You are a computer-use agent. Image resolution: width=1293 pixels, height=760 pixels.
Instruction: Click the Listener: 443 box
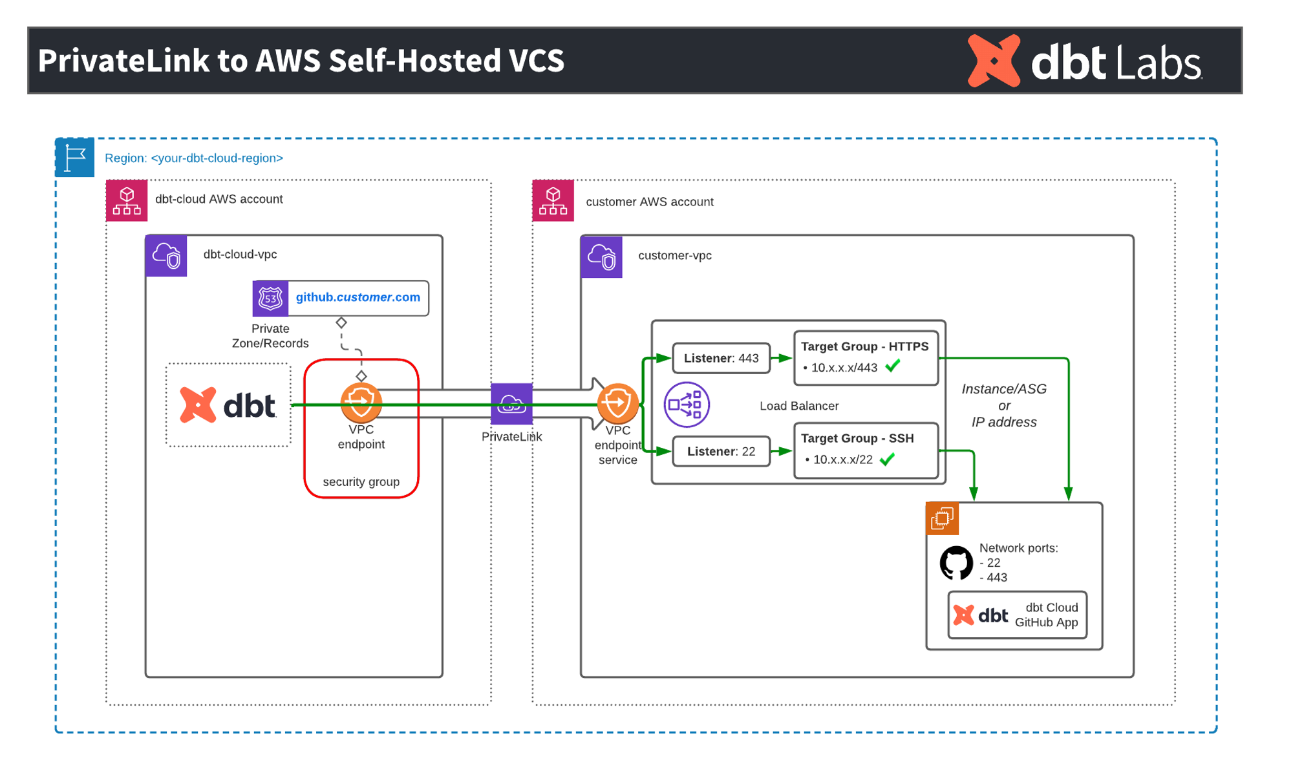point(721,358)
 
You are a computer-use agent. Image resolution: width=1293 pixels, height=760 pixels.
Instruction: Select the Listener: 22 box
point(721,451)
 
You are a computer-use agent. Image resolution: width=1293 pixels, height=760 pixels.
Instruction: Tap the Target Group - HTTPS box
point(865,357)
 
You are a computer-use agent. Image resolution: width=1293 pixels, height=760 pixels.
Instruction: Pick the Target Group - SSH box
point(865,450)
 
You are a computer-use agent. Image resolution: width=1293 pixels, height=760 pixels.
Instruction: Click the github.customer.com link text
point(358,297)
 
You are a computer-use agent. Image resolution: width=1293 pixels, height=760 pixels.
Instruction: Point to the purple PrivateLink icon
point(511,404)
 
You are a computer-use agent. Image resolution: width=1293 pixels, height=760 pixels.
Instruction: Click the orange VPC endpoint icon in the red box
point(361,402)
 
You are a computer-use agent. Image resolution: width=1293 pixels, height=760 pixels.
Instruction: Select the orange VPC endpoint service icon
point(617,403)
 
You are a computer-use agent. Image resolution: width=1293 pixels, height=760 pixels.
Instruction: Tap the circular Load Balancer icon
point(686,405)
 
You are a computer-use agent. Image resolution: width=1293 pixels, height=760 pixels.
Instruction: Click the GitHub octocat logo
point(956,563)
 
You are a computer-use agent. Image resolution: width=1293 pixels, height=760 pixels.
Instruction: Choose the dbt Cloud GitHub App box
point(1017,615)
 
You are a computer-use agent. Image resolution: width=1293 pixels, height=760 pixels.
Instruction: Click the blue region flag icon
point(75,157)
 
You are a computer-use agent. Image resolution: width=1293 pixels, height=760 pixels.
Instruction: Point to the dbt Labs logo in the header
point(1084,61)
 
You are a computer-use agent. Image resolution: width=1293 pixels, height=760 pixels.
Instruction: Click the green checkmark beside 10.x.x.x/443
point(893,366)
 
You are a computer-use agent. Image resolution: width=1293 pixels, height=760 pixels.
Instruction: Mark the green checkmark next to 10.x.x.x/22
point(888,459)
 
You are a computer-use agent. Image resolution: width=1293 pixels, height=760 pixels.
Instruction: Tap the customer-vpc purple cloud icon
point(601,257)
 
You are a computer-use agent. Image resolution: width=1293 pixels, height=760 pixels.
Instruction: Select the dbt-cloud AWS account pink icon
point(127,201)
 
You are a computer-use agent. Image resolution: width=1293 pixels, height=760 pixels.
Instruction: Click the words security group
point(361,482)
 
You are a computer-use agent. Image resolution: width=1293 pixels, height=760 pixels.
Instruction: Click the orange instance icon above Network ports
point(942,518)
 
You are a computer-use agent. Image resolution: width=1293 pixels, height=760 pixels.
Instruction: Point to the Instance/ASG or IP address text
point(1003,405)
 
